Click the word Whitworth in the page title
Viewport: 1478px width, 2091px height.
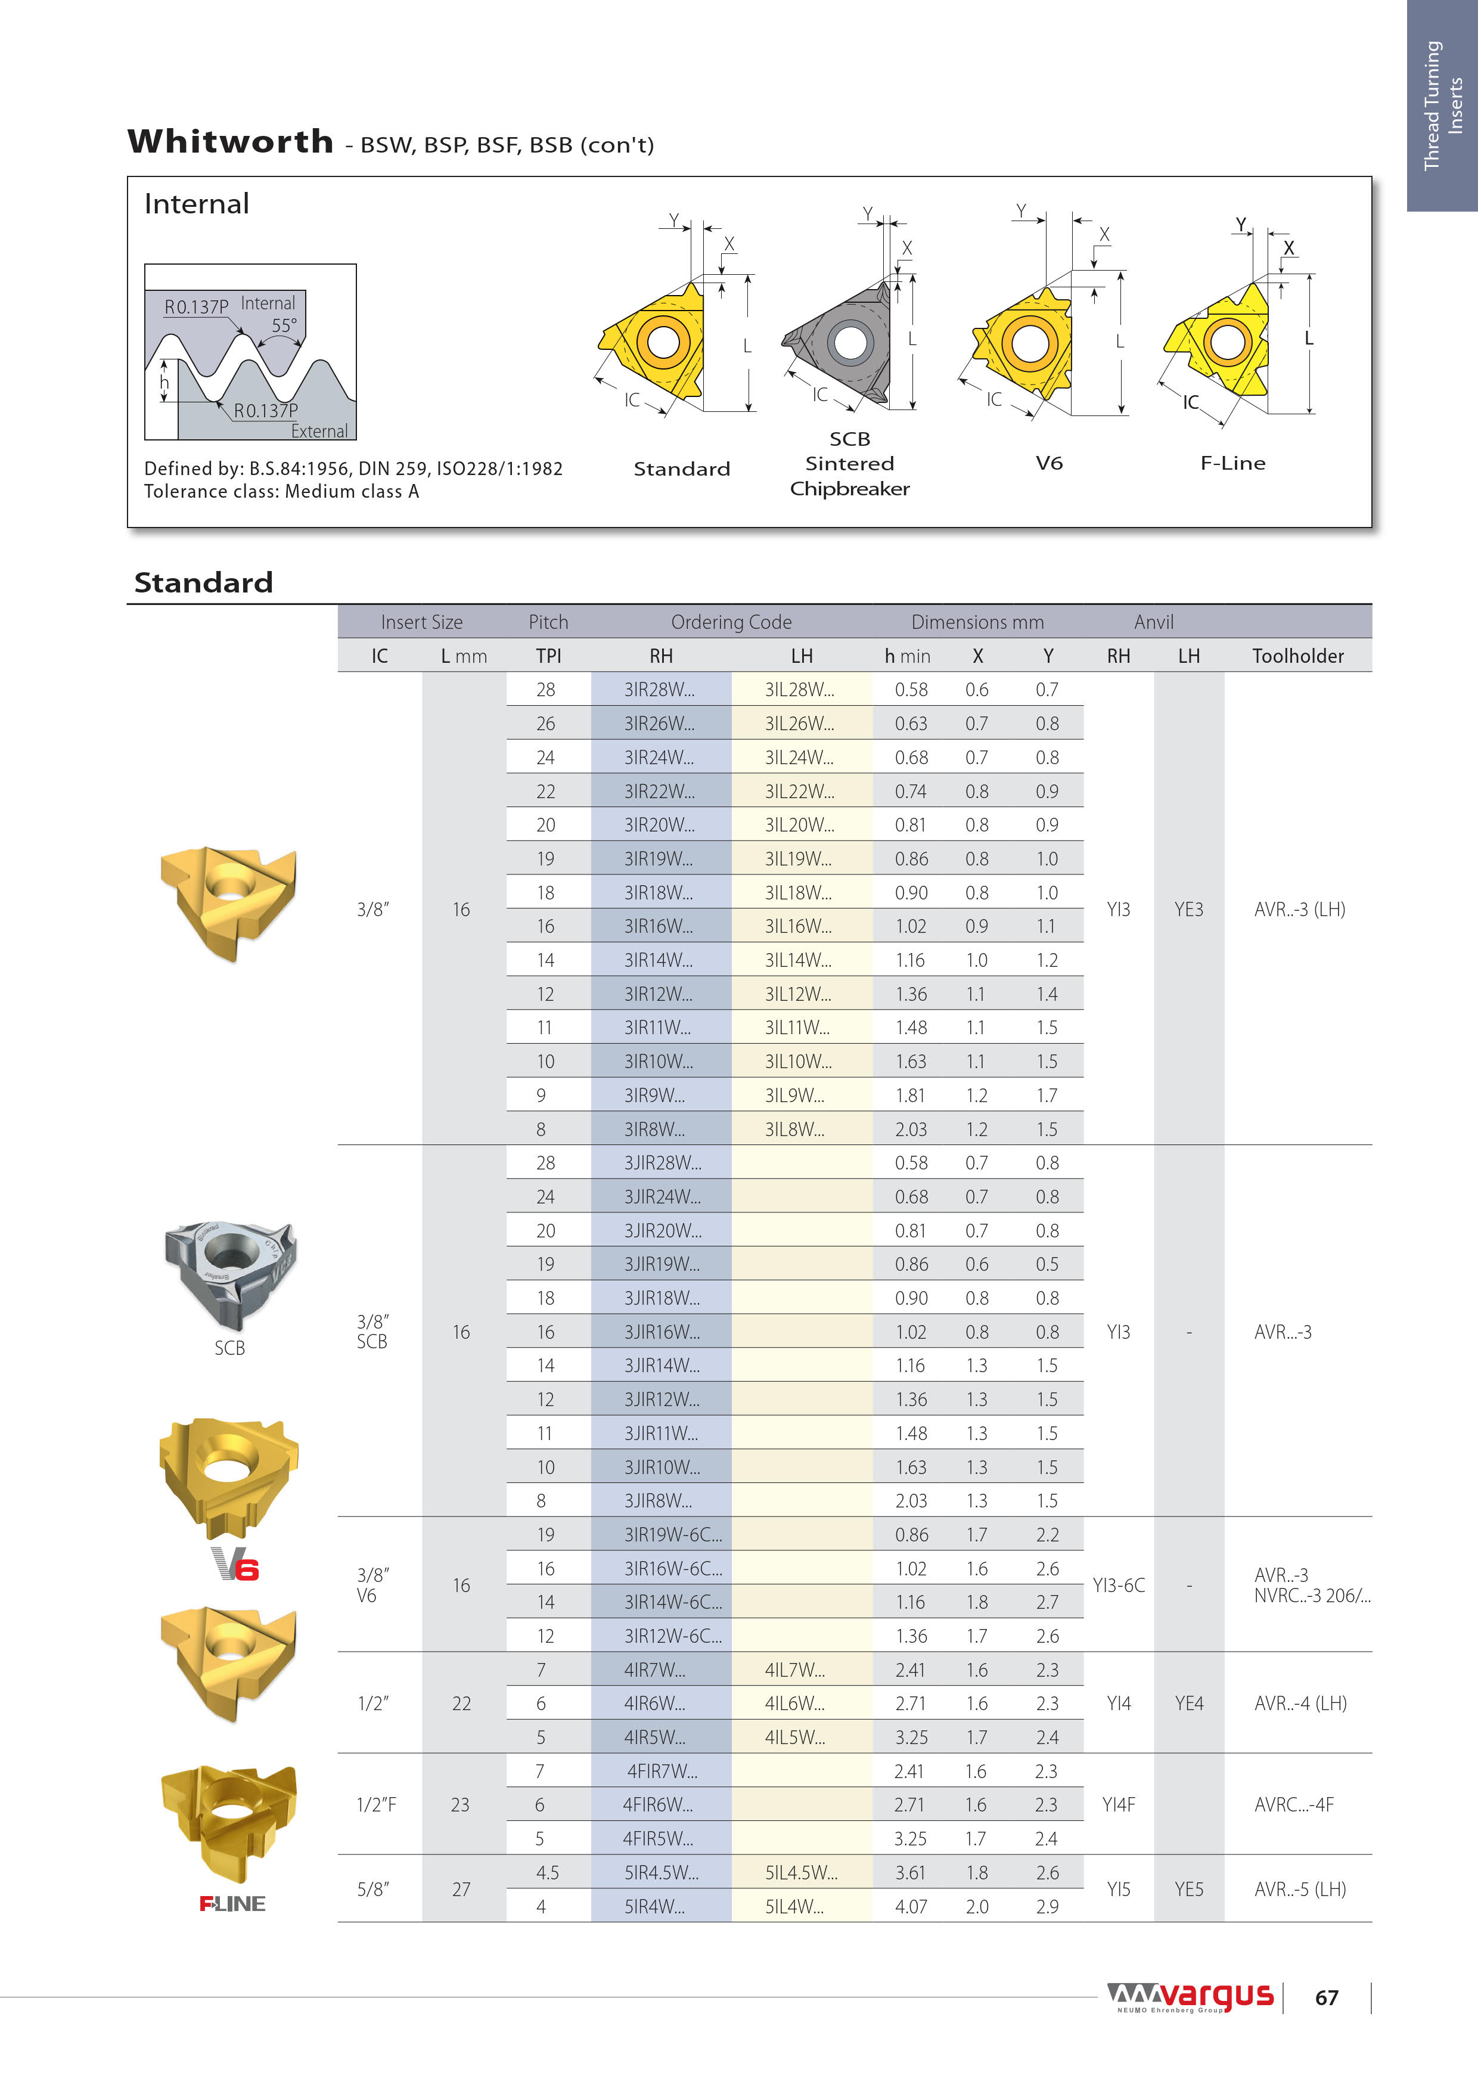(231, 142)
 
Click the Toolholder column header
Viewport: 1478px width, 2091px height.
(1297, 656)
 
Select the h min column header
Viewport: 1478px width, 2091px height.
(907, 656)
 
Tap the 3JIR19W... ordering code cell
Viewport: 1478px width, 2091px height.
(662, 1264)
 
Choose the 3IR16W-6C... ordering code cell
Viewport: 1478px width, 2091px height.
(672, 1568)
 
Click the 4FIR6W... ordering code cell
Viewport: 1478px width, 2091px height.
(657, 1804)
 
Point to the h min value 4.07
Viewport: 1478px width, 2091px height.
(911, 1906)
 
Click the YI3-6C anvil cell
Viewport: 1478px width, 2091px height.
(1118, 1586)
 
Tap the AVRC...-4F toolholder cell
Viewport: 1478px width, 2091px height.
(1293, 1804)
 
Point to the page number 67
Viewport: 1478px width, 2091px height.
(1326, 1998)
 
